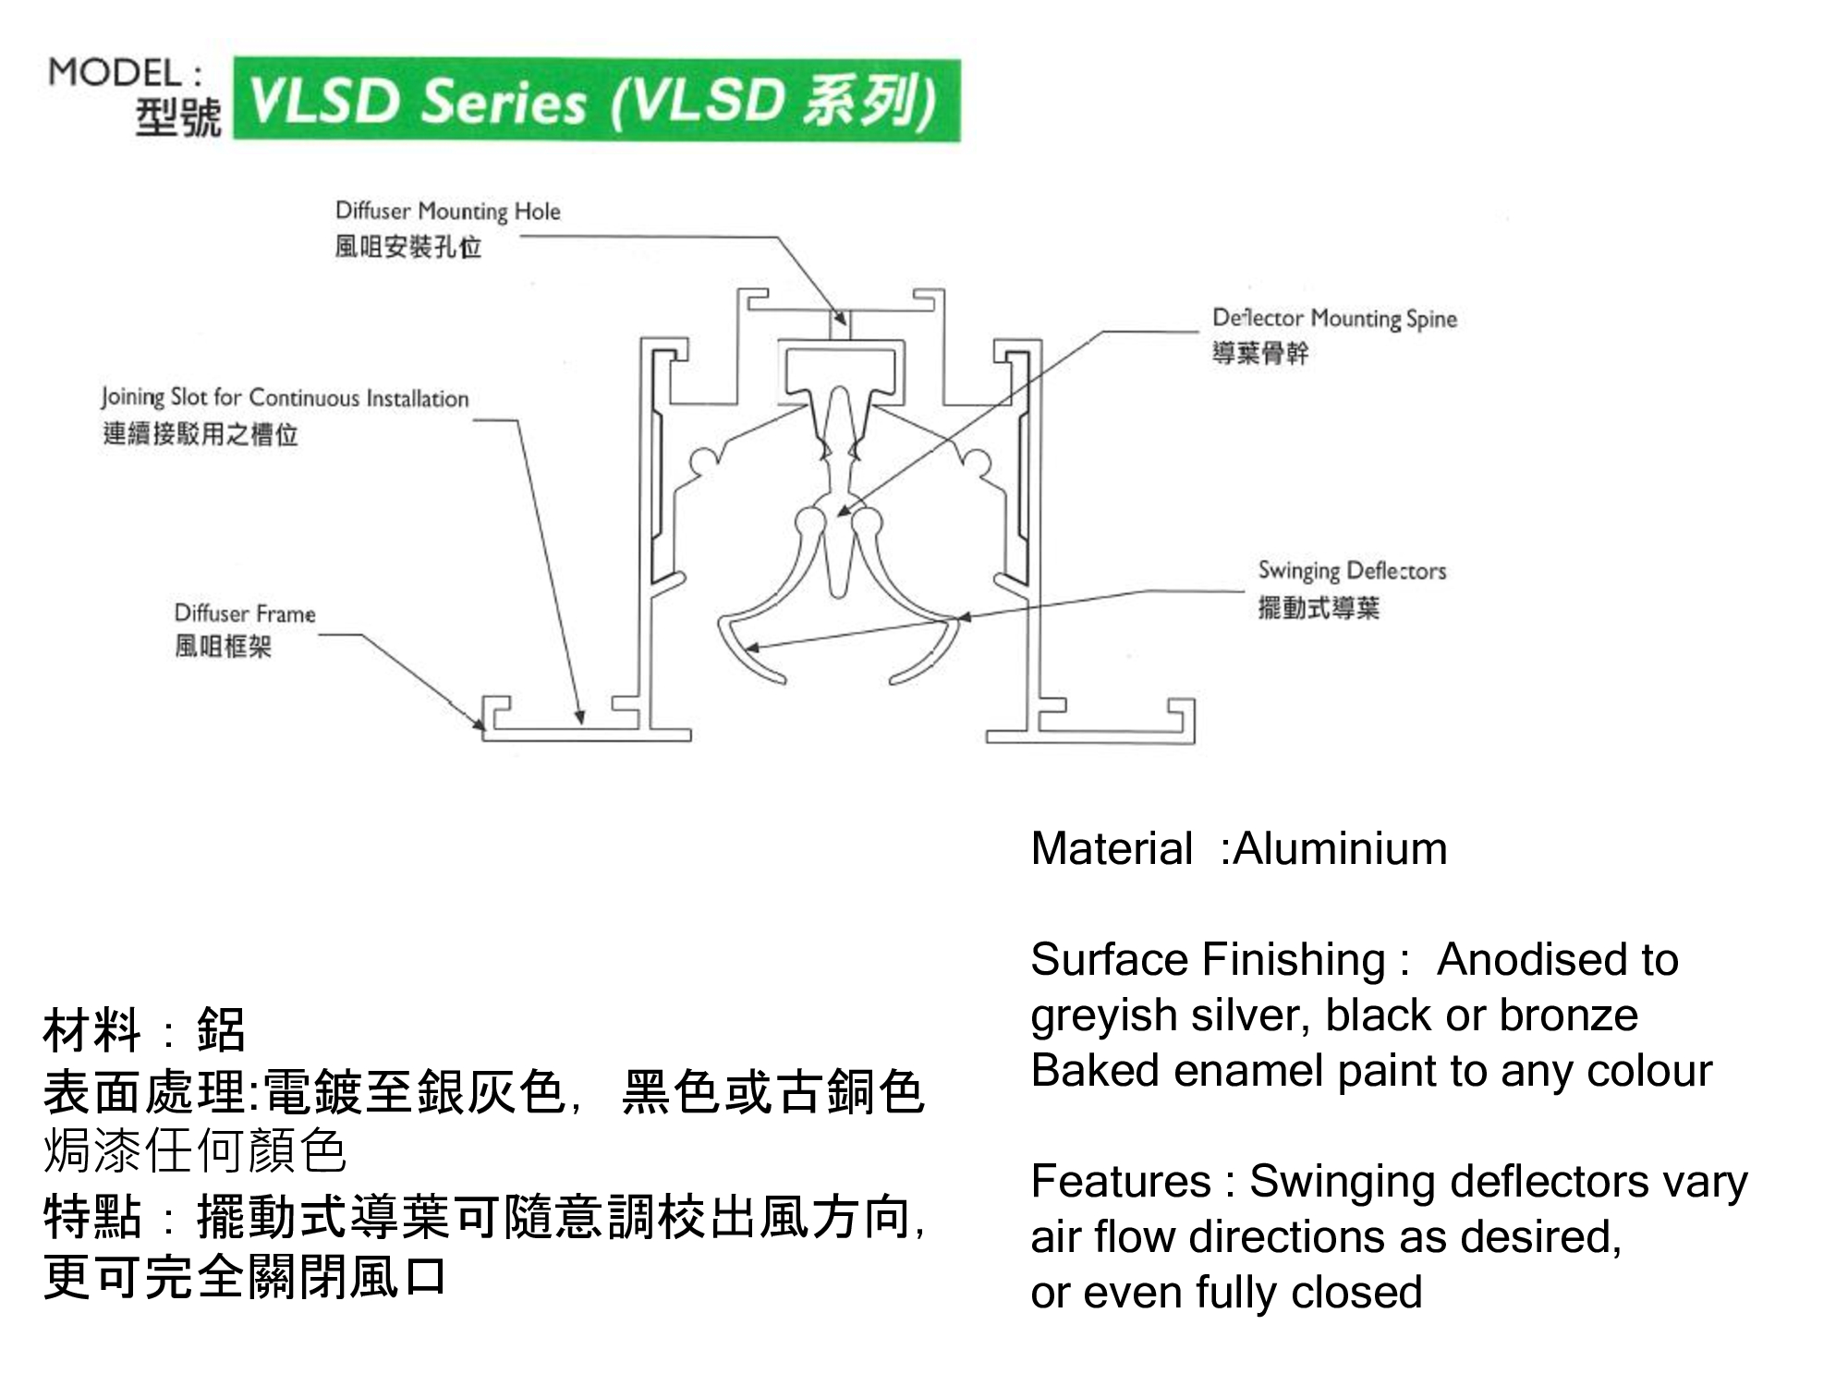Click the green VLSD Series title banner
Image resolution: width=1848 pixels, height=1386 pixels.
[x=596, y=100]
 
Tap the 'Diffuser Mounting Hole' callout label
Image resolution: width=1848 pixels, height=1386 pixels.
[x=447, y=212]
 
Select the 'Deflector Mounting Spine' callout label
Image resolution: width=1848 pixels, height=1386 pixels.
[x=1334, y=319]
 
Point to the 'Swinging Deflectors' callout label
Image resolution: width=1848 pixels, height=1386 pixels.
[x=1352, y=571]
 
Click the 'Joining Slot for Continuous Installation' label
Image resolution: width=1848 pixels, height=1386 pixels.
[x=285, y=398]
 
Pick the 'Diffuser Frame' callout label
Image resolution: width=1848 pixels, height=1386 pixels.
[x=245, y=614]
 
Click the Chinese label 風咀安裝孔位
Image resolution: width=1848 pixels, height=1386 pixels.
[x=407, y=248]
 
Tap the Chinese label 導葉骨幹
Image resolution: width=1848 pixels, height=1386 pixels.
[x=1260, y=353]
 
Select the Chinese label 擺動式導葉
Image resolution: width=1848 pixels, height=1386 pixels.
[x=1319, y=608]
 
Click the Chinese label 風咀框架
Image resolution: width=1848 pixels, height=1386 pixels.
[x=223, y=646]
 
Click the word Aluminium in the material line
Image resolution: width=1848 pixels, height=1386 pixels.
[x=1340, y=848]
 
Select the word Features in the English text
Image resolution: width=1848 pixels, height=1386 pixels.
[x=1120, y=1181]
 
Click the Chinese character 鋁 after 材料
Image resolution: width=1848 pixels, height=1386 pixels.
[x=222, y=1029]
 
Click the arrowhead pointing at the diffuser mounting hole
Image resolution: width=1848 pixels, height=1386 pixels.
[x=840, y=317]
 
